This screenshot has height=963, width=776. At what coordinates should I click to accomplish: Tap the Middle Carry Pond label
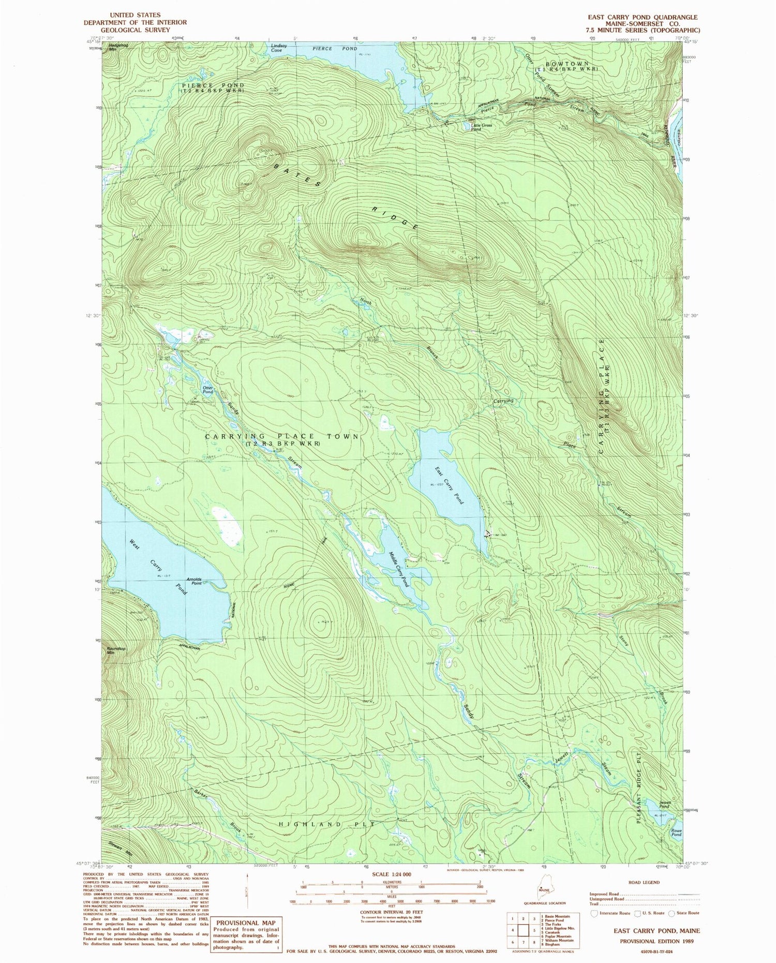[399, 569]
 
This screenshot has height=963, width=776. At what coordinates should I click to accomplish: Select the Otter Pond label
[207, 390]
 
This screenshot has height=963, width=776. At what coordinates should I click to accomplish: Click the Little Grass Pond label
[481, 127]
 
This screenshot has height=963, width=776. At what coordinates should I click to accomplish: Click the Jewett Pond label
[665, 805]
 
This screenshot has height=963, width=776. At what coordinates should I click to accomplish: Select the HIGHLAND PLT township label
[324, 823]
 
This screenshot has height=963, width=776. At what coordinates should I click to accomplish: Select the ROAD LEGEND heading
[645, 882]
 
